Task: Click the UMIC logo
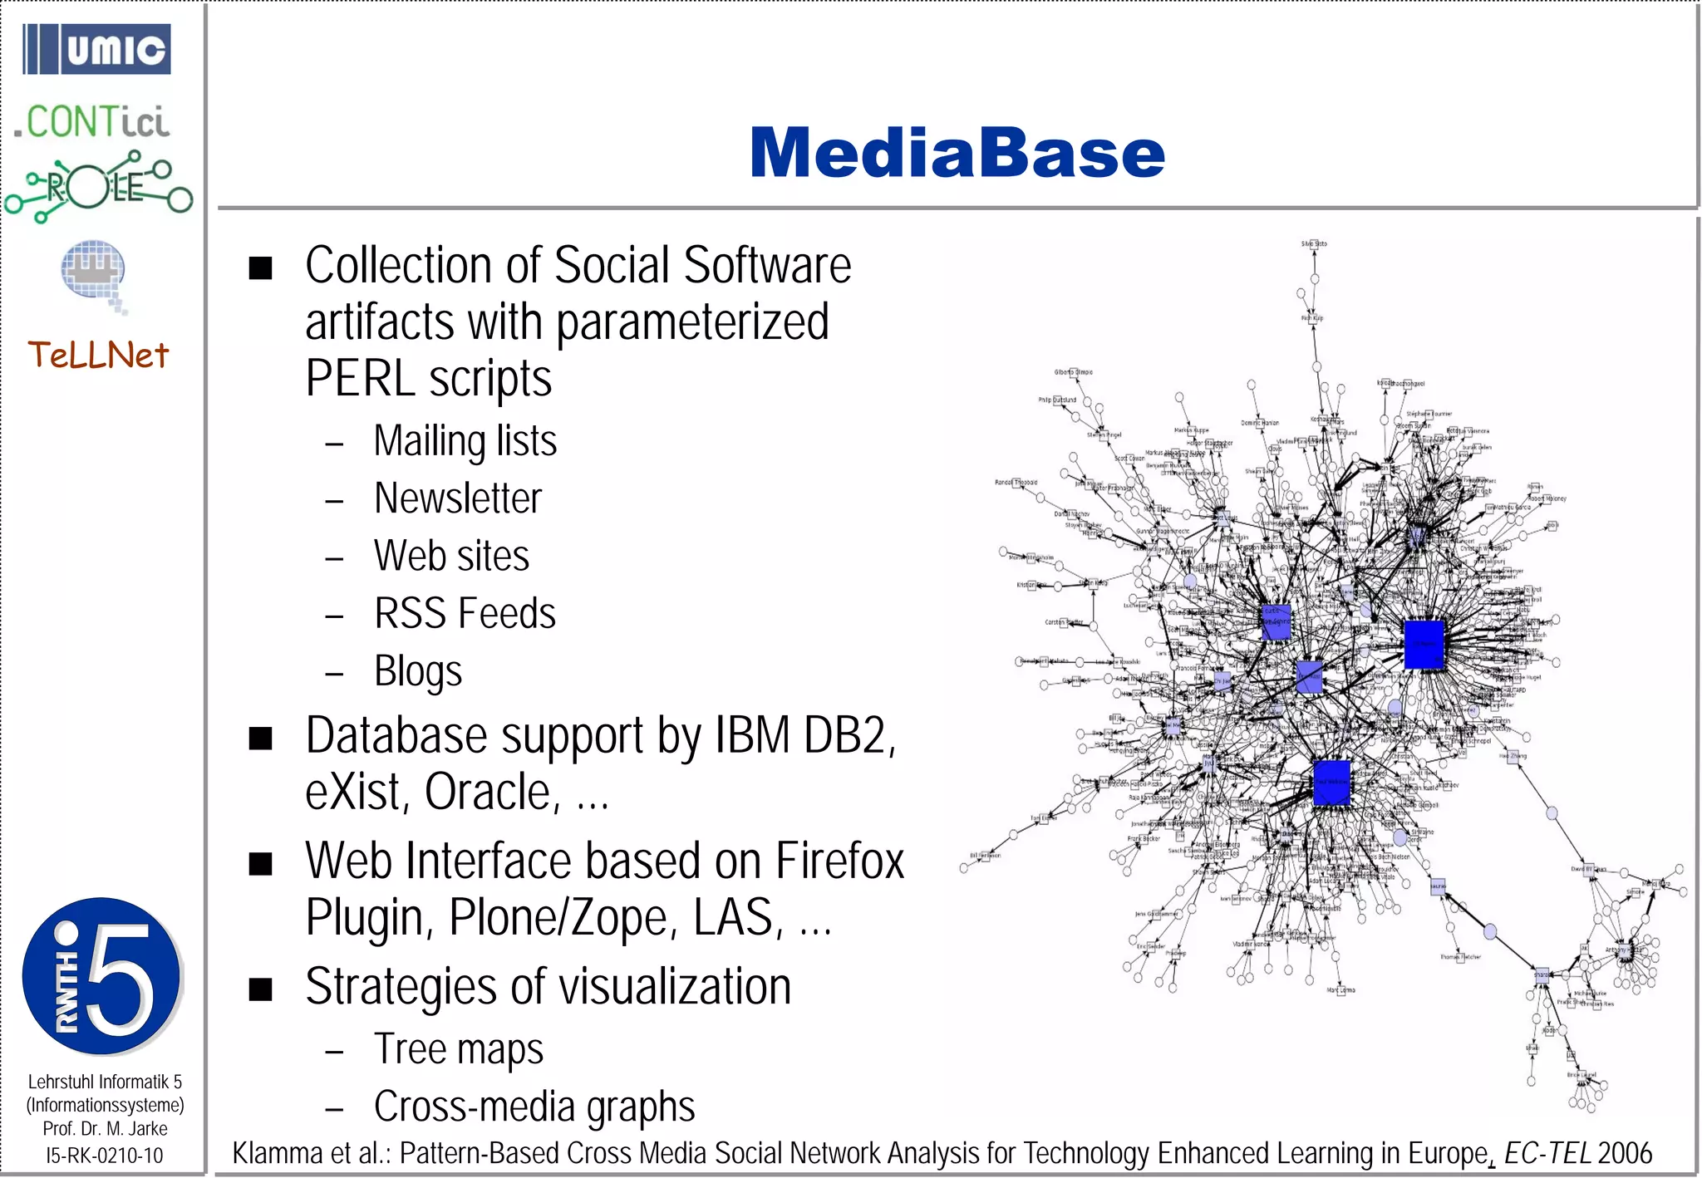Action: (97, 50)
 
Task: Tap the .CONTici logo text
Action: (92, 122)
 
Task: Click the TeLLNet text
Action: (98, 356)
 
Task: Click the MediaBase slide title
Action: (957, 154)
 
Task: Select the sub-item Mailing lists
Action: (465, 441)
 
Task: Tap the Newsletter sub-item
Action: (458, 498)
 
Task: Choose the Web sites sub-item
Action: (451, 556)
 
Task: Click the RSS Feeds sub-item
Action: (465, 614)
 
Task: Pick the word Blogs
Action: (418, 671)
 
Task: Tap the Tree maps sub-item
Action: (459, 1049)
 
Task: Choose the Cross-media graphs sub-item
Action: (534, 1107)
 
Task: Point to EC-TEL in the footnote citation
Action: (1547, 1154)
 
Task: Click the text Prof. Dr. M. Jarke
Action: (106, 1129)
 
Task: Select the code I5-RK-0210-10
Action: (105, 1156)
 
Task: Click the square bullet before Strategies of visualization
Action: (261, 989)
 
